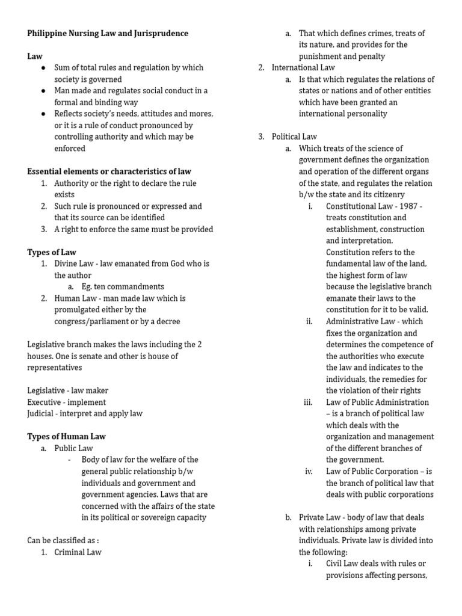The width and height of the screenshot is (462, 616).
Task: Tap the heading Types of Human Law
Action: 66,436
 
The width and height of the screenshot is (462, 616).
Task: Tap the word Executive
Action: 45,402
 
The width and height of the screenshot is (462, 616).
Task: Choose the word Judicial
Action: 42,413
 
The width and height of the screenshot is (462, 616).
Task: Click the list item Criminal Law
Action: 78,552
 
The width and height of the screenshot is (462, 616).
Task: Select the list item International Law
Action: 303,67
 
